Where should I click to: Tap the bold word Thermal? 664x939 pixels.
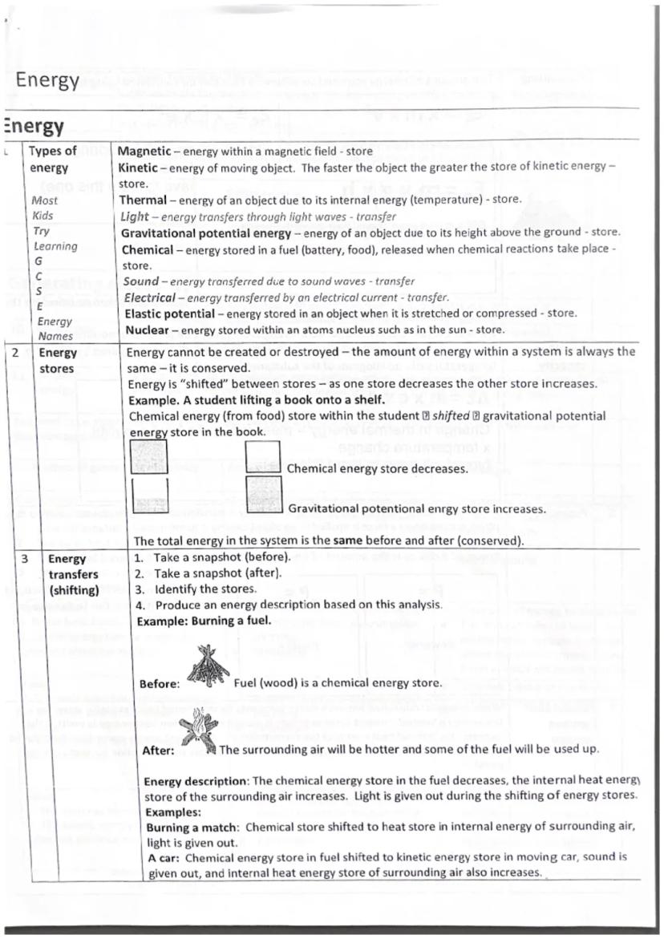pyautogui.click(x=144, y=200)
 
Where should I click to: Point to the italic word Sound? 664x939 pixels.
pyautogui.click(x=140, y=281)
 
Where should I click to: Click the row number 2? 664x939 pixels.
pyautogui.click(x=15, y=353)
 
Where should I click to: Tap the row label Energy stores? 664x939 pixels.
pyautogui.click(x=59, y=361)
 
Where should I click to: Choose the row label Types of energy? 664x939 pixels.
pyautogui.click(x=53, y=159)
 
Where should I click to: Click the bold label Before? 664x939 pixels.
pyautogui.click(x=160, y=684)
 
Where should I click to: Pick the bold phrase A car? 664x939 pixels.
pyautogui.click(x=163, y=857)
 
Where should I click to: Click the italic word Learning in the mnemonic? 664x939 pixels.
pyautogui.click(x=55, y=246)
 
